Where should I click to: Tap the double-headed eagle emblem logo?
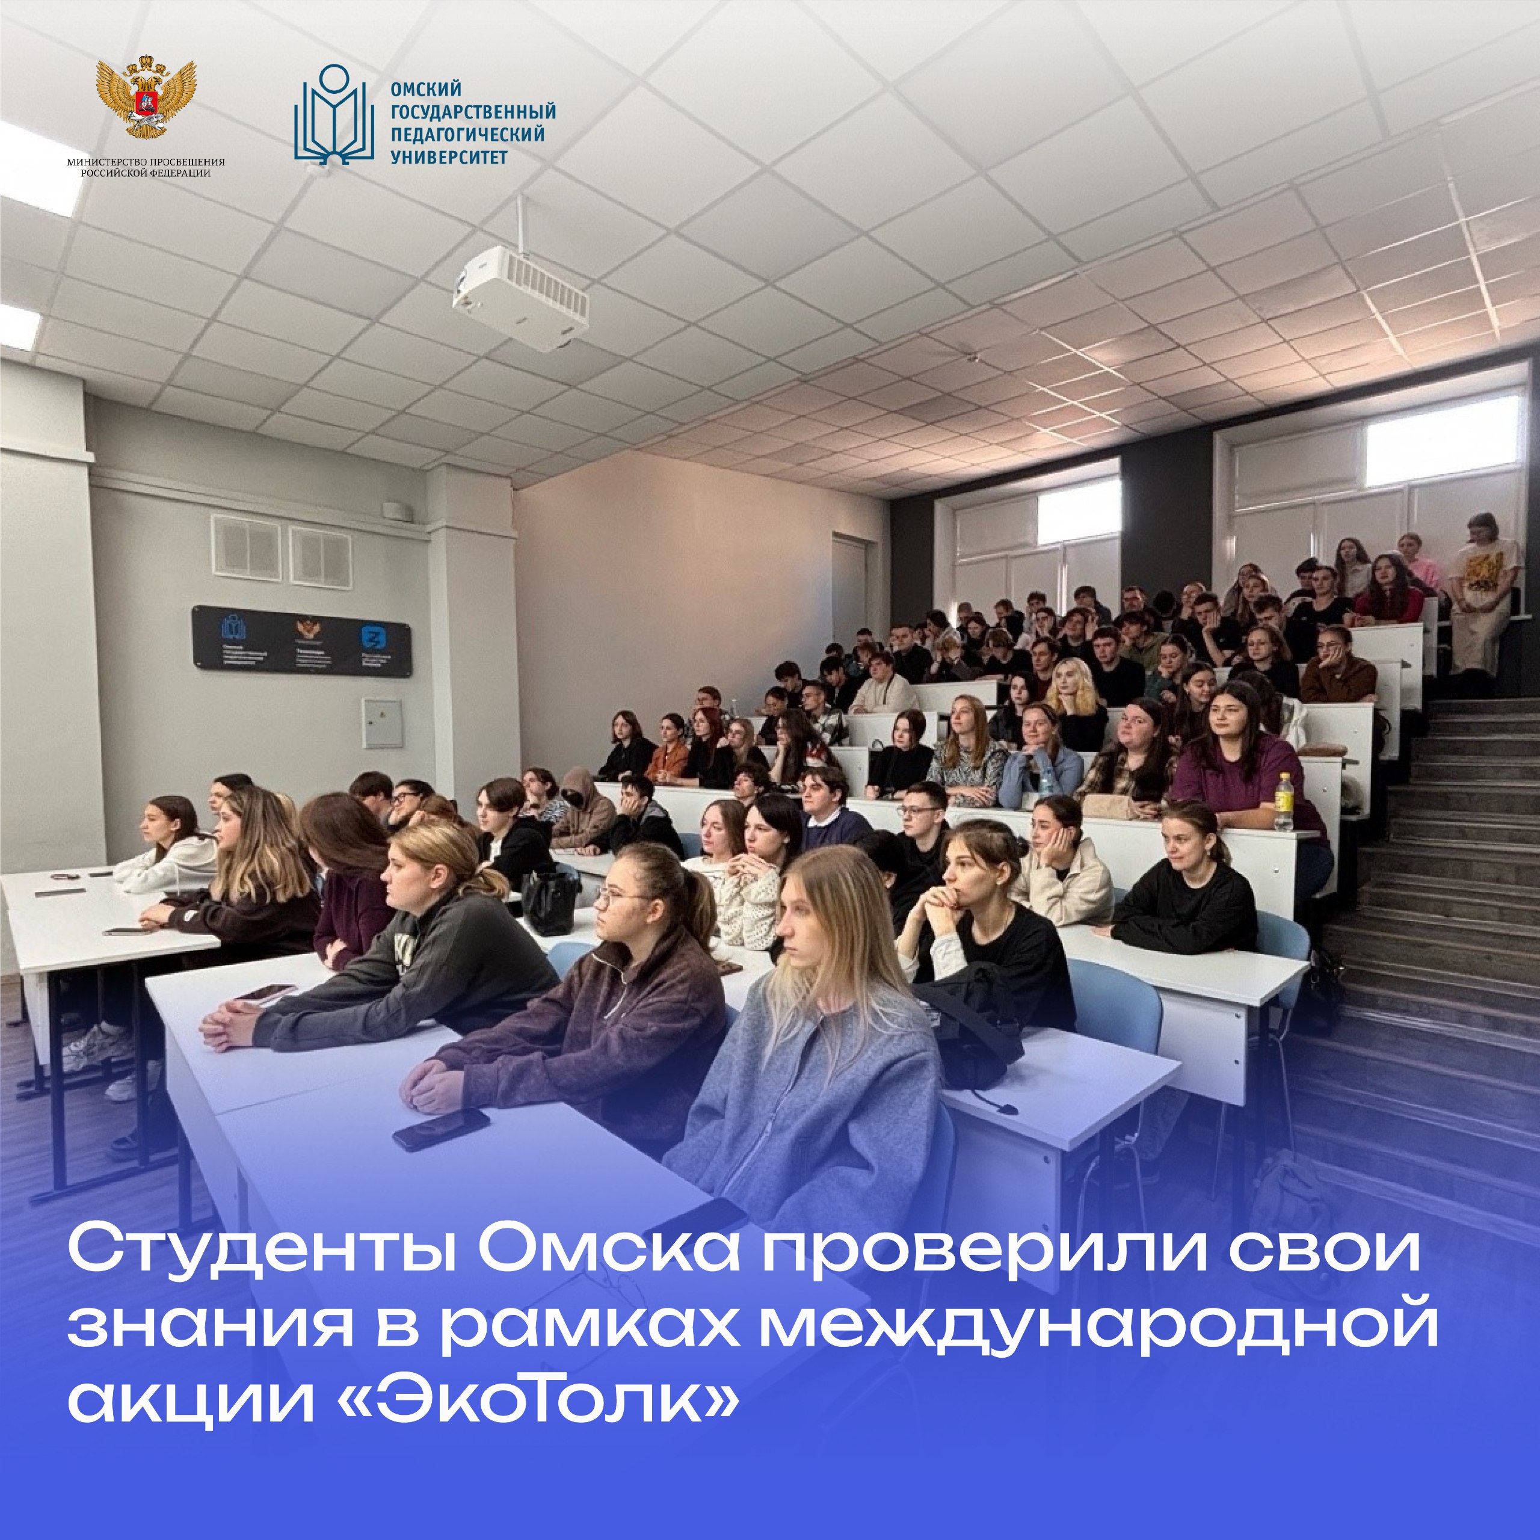pyautogui.click(x=146, y=95)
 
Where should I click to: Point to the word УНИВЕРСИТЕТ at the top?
pyautogui.click(x=449, y=157)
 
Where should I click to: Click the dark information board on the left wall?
pyautogui.click(x=302, y=637)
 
